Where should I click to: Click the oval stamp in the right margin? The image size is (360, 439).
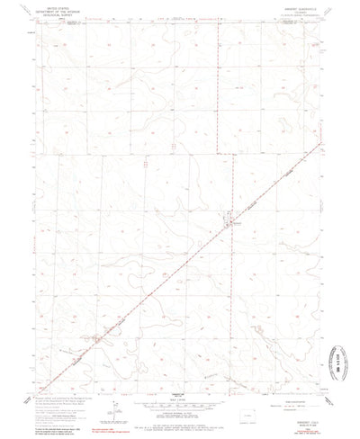(x=341, y=346)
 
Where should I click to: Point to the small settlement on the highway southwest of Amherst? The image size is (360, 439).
(x=98, y=340)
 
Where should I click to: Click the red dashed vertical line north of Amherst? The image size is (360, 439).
(x=220, y=108)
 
